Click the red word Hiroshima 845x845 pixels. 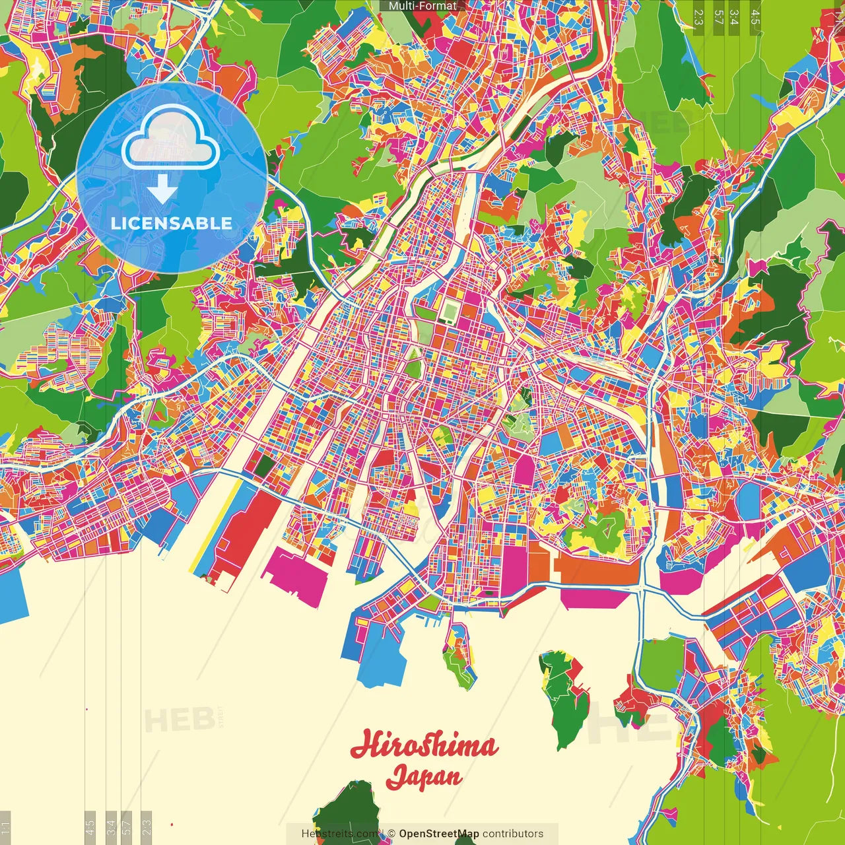(x=424, y=746)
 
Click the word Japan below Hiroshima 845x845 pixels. (x=424, y=776)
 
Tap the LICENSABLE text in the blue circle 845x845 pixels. (x=172, y=223)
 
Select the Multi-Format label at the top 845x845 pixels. (x=422, y=6)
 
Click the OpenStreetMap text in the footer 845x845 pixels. (x=438, y=834)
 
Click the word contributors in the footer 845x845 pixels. (x=513, y=834)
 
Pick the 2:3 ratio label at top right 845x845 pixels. (x=698, y=17)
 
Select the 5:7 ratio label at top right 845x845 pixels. (x=718, y=17)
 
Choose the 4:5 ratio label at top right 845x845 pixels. (x=755, y=17)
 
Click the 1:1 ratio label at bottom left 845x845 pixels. (x=5, y=827)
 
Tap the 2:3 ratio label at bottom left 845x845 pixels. (x=147, y=827)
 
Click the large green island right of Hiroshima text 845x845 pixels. (x=564, y=696)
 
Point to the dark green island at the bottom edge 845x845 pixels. (x=347, y=815)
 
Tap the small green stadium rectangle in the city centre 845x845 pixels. (x=450, y=311)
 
